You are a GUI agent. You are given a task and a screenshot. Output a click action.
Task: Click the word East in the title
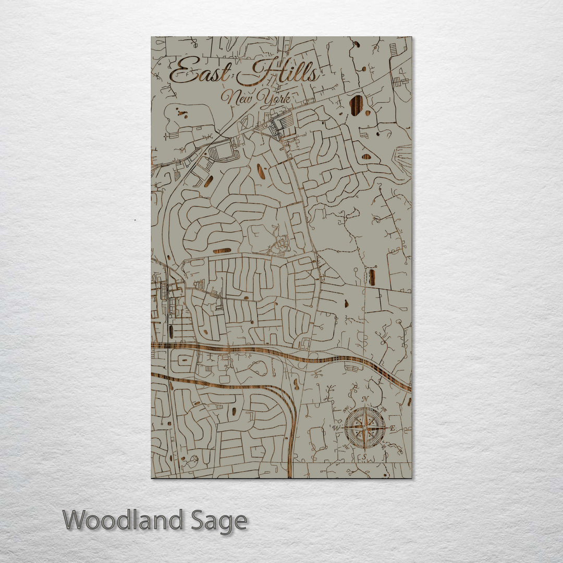click(199, 72)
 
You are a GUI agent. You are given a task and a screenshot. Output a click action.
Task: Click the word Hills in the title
click(279, 73)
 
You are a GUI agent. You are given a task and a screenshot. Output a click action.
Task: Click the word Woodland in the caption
click(123, 520)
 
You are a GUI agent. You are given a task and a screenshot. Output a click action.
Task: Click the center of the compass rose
click(365, 427)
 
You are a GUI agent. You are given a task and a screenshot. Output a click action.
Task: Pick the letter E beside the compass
click(393, 429)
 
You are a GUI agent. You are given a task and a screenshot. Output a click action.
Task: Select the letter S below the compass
click(365, 457)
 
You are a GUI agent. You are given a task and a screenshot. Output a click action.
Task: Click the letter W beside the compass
click(337, 428)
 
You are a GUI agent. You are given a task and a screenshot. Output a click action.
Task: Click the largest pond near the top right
click(357, 105)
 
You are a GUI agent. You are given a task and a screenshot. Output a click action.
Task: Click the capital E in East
click(180, 72)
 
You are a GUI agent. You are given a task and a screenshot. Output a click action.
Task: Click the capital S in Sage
click(199, 520)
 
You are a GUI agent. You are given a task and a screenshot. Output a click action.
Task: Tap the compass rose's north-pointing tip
click(365, 407)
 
